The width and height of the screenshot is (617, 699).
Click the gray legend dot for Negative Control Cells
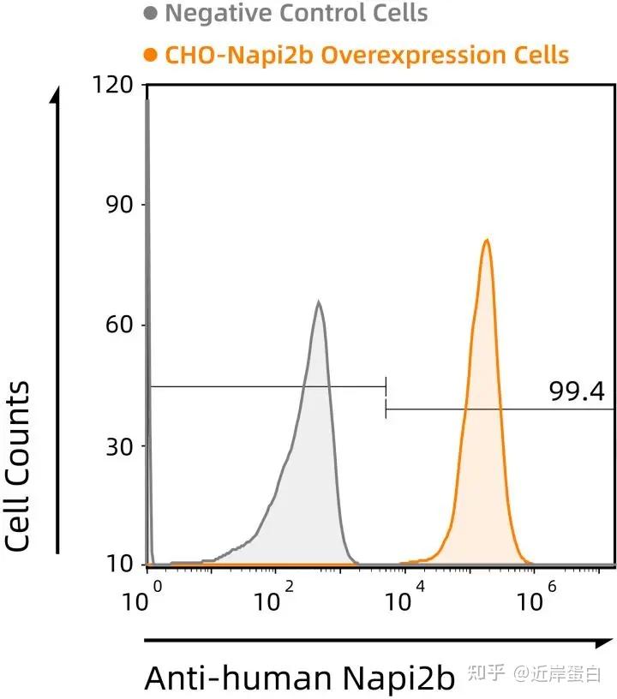tap(152, 14)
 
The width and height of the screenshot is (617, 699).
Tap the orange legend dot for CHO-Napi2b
tap(152, 56)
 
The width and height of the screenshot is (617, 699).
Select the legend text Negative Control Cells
tap(296, 14)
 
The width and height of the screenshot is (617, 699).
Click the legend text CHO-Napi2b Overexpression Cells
tap(367, 56)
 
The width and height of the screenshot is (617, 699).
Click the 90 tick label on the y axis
tap(117, 205)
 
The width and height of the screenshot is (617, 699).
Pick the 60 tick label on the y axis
tap(117, 326)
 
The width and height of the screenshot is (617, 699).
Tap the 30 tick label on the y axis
tap(117, 446)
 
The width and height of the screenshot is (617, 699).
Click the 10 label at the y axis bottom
tap(117, 565)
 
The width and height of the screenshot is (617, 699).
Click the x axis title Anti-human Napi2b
tap(300, 678)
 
